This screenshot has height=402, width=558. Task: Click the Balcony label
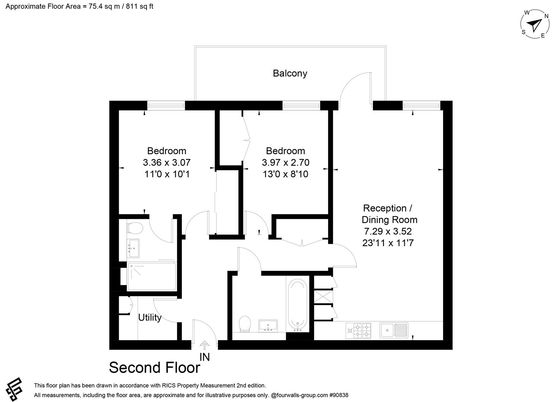290,73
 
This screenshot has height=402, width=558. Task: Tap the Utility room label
150,318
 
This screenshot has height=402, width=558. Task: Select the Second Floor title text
154,368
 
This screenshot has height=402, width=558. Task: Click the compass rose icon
535,25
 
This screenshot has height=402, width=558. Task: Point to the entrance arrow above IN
205,345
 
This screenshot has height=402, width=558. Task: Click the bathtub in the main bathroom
298,303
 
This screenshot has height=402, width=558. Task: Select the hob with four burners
359,330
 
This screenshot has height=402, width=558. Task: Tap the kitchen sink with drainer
394,330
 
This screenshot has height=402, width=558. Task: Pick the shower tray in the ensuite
151,277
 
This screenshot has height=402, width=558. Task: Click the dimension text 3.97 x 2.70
286,162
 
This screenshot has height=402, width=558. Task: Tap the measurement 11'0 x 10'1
167,174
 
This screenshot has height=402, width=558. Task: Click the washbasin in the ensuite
133,248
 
